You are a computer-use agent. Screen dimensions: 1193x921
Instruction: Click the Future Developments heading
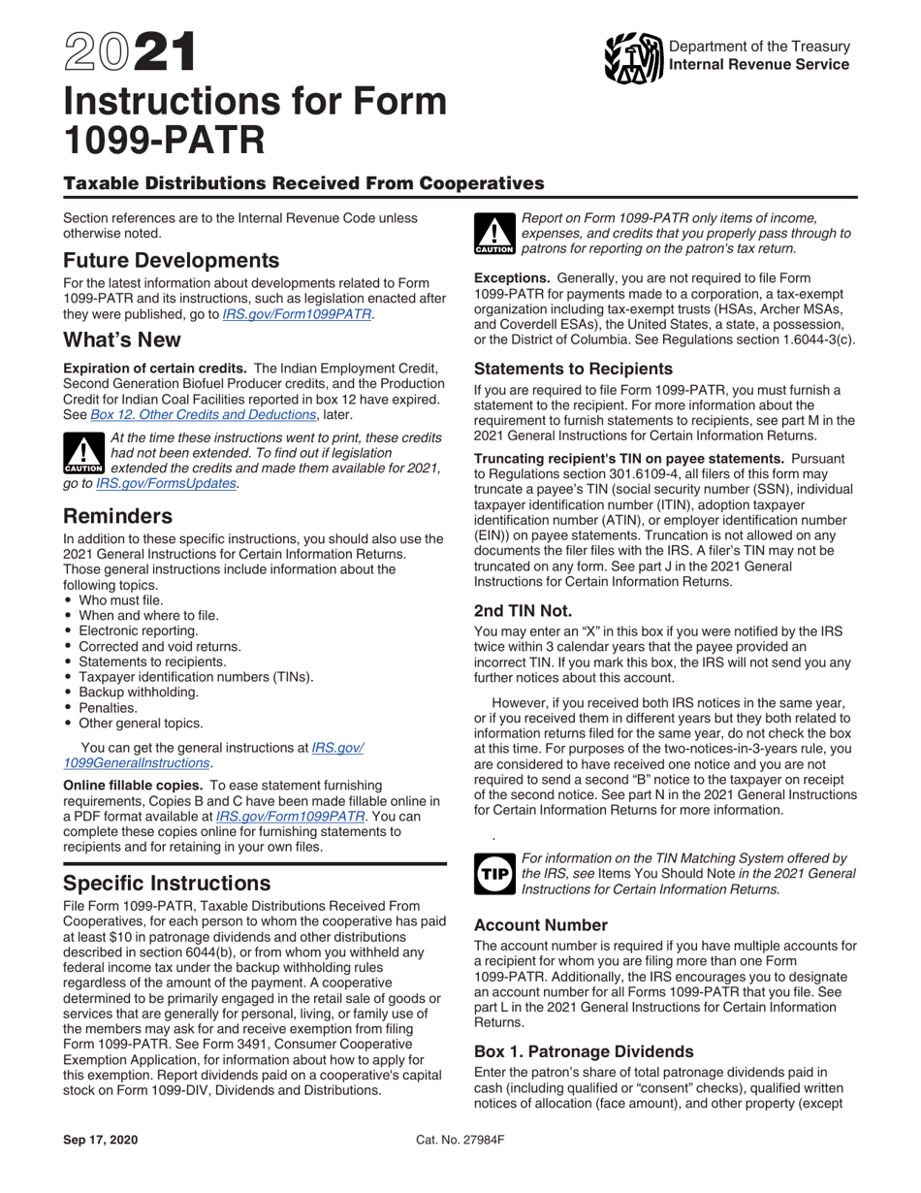tap(172, 261)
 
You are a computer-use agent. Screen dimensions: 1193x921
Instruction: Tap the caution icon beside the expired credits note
tap(83, 453)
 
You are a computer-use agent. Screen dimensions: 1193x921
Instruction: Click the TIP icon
tap(493, 873)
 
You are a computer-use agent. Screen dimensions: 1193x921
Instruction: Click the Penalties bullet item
tap(110, 707)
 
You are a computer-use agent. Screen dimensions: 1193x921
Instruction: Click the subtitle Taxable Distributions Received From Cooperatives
tap(303, 183)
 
